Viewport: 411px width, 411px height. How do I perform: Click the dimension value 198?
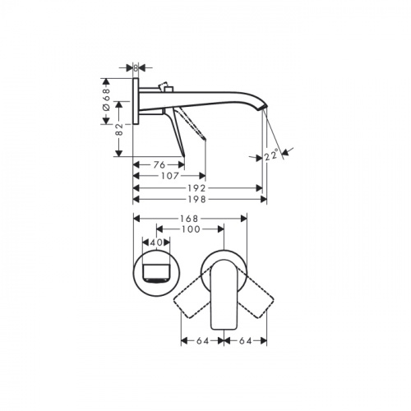pos(197,199)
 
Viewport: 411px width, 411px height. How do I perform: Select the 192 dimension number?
pos(197,188)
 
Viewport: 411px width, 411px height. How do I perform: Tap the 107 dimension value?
pos(170,176)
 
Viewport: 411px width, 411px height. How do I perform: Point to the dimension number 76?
pos(159,164)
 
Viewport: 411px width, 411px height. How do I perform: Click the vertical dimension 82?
pos(119,129)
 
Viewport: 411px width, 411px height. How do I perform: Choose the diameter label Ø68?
pos(106,99)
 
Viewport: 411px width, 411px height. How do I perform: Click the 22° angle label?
pos(272,155)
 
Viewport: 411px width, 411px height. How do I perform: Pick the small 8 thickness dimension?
pos(136,68)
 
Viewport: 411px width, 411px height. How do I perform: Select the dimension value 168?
pos(189,219)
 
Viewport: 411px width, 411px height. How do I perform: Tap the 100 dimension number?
pos(191,229)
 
